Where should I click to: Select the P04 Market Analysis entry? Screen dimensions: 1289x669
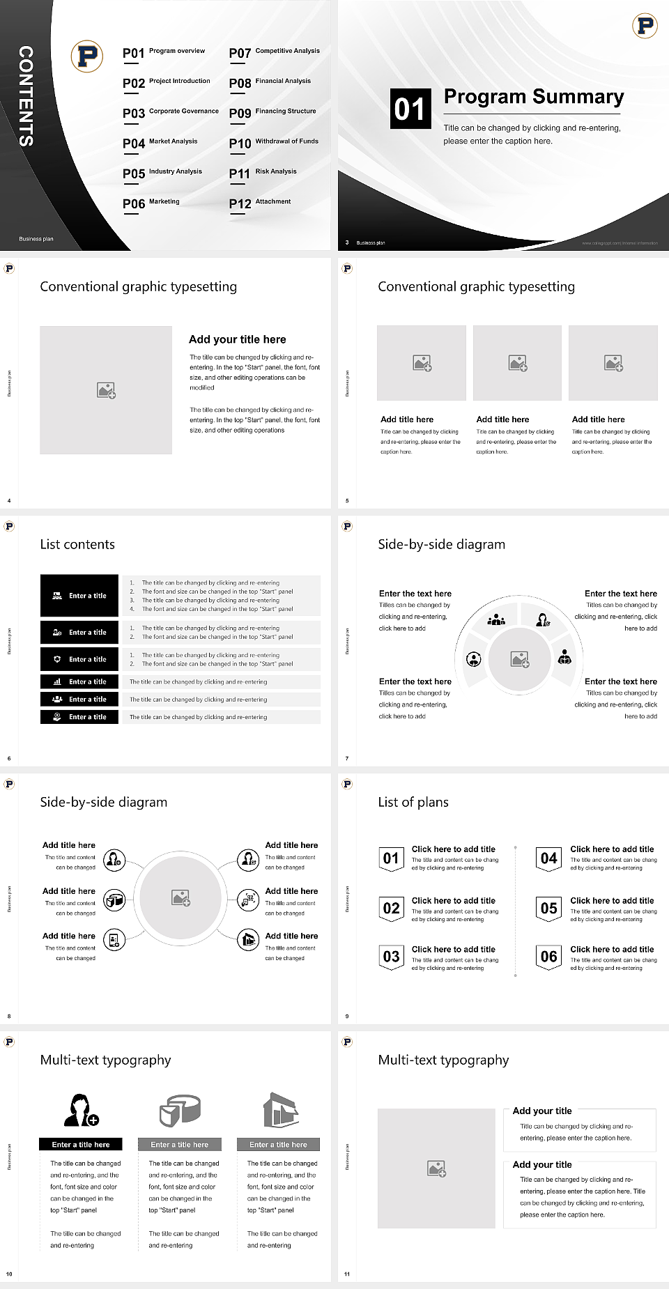(160, 143)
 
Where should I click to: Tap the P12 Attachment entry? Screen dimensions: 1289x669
(260, 203)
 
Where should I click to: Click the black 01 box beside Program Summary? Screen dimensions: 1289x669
(410, 109)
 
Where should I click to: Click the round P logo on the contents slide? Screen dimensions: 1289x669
(87, 56)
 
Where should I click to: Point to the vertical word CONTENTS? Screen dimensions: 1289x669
(26, 96)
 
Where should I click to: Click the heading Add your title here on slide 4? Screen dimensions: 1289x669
(237, 339)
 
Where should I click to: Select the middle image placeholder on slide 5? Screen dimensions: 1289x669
(517, 363)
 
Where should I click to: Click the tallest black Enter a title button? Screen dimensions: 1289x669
(79, 596)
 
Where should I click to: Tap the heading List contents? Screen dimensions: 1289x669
(77, 544)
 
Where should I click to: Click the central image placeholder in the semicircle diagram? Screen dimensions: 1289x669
(519, 658)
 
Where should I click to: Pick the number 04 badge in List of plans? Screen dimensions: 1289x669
(549, 858)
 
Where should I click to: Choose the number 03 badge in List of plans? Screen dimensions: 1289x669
(391, 957)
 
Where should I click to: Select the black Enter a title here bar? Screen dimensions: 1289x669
(81, 1144)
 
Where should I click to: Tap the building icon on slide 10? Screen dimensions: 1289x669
(281, 1110)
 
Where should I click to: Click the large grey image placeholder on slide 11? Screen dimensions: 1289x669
(436, 1168)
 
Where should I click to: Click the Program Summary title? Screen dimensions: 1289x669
(533, 97)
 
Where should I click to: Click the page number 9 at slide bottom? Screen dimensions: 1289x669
(347, 1016)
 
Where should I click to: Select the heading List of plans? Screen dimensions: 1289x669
(413, 802)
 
